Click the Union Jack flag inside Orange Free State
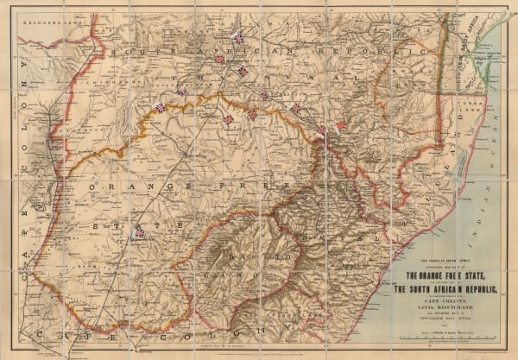[139, 232]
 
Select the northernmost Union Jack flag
[236, 37]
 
